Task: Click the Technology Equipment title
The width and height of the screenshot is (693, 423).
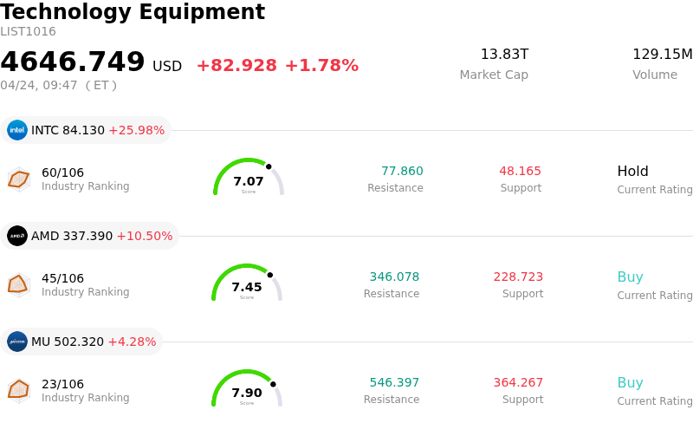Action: pyautogui.click(x=133, y=12)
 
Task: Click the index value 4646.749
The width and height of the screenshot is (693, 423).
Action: pyautogui.click(x=73, y=62)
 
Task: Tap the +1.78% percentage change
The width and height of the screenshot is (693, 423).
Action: pyautogui.click(x=321, y=66)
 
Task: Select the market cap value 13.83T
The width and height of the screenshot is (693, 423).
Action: pyautogui.click(x=504, y=55)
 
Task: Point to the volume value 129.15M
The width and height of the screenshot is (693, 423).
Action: pyautogui.click(x=662, y=55)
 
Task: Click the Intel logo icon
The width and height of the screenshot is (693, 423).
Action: pyautogui.click(x=17, y=130)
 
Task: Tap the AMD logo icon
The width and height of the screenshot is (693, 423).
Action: pyautogui.click(x=17, y=236)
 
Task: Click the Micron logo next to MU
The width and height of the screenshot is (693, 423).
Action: pyautogui.click(x=17, y=342)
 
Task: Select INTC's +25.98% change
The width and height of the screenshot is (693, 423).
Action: pyautogui.click(x=136, y=131)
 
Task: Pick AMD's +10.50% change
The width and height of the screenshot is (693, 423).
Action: pyautogui.click(x=145, y=237)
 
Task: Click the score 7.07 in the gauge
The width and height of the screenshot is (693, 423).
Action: pyautogui.click(x=249, y=181)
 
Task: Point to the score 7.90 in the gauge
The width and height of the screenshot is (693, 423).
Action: pyautogui.click(x=247, y=393)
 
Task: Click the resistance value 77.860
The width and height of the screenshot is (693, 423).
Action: pyautogui.click(x=402, y=172)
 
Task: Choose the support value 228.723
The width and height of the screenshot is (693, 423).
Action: pyautogui.click(x=518, y=277)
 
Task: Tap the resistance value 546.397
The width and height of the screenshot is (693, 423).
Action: pyautogui.click(x=394, y=383)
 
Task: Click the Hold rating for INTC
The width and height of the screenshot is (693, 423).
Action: pyautogui.click(x=632, y=172)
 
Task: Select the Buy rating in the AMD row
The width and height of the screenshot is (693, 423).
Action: pyautogui.click(x=630, y=277)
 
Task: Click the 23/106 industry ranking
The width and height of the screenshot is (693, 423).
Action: pyautogui.click(x=62, y=384)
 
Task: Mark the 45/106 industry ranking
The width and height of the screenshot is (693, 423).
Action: pyautogui.click(x=62, y=278)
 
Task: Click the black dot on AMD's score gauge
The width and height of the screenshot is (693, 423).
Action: pyautogui.click(x=270, y=275)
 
